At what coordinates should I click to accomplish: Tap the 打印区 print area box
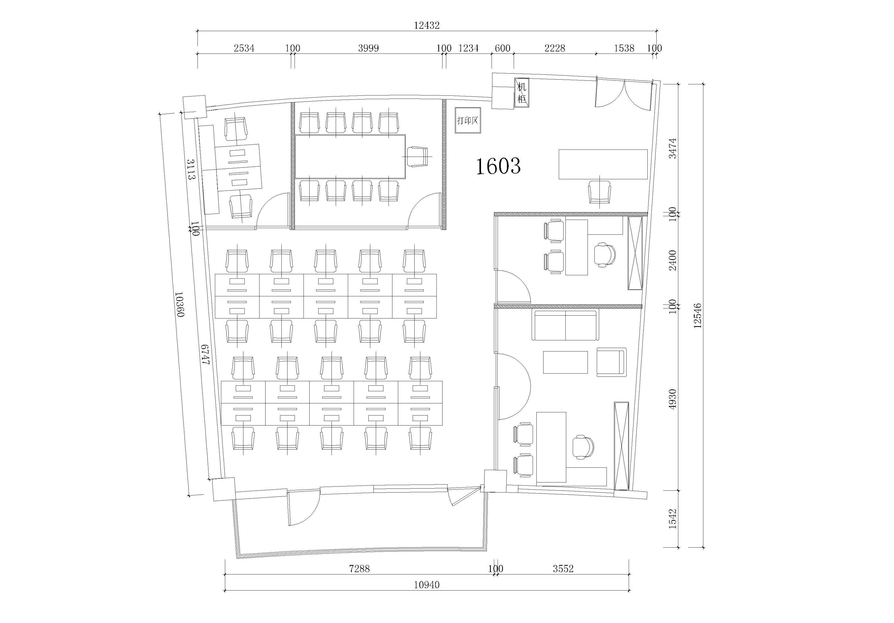[x=468, y=120]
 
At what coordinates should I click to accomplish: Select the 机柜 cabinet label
[x=521, y=93]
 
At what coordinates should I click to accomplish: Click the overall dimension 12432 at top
[x=426, y=25]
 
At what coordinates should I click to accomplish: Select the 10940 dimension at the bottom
[x=426, y=585]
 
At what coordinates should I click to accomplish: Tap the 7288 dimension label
[x=359, y=568]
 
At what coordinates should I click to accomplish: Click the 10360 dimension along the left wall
[x=180, y=305]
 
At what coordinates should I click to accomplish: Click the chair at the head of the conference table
[x=417, y=157]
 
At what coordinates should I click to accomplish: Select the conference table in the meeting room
[x=350, y=157]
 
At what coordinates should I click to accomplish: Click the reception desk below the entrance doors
[x=603, y=164]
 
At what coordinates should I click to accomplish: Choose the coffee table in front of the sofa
[x=565, y=362]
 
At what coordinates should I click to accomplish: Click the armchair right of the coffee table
[x=611, y=362]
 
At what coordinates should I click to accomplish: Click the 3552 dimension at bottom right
[x=563, y=568]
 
